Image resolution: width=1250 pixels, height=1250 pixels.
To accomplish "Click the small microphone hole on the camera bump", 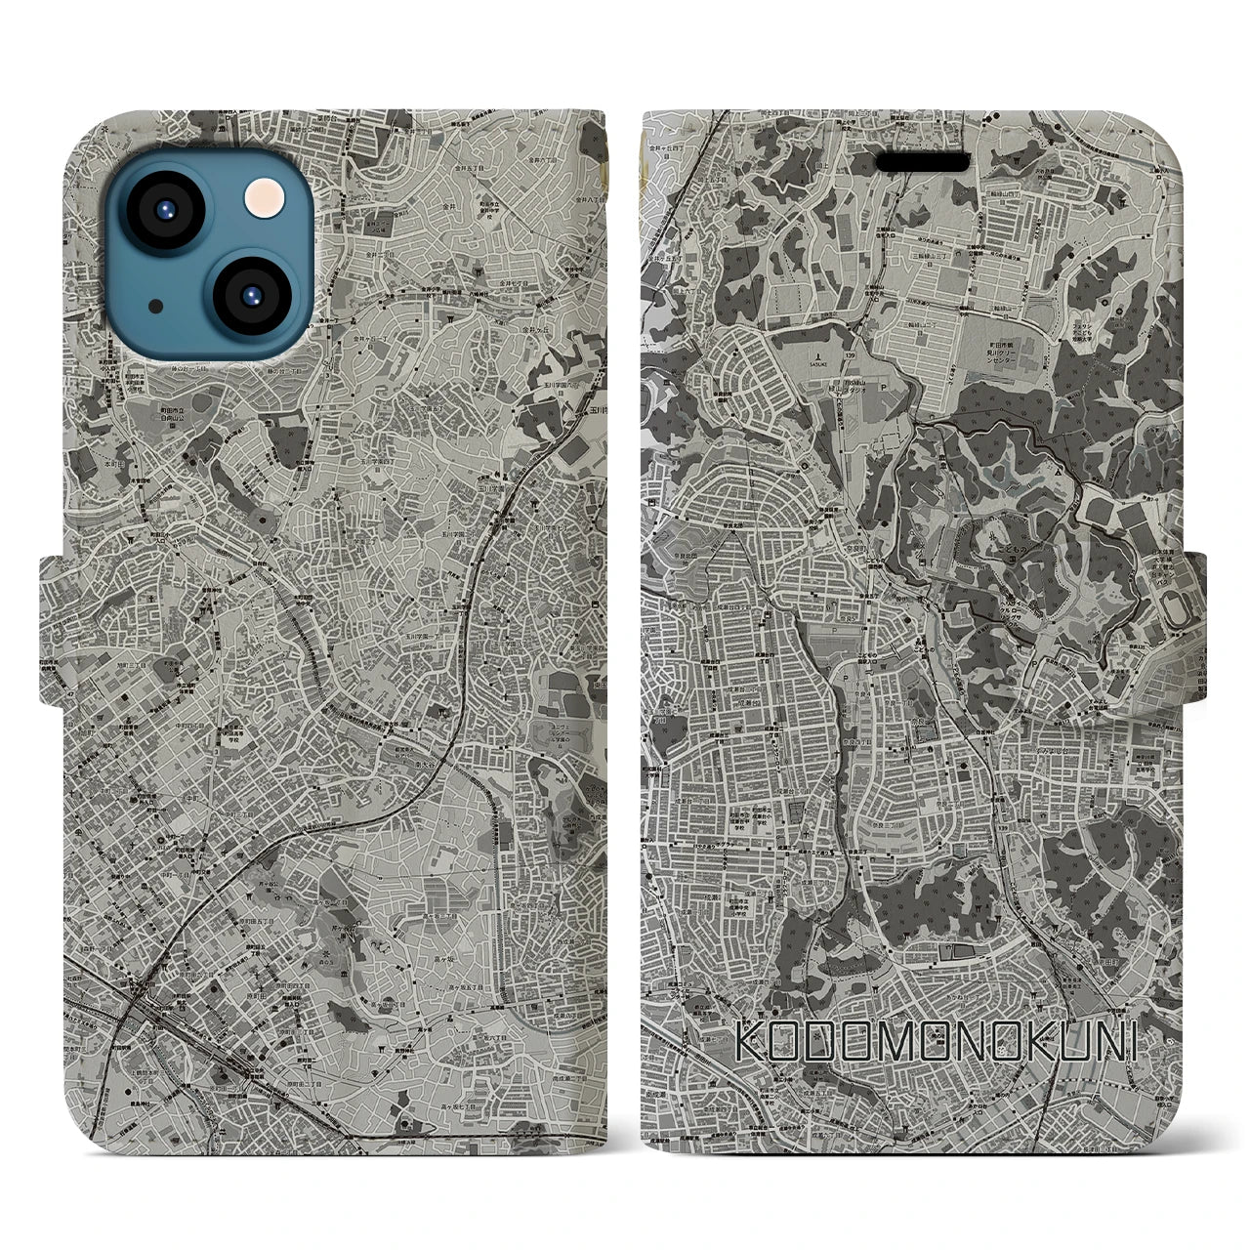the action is point(156,306).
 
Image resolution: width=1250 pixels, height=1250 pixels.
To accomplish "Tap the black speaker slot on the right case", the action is point(923,160).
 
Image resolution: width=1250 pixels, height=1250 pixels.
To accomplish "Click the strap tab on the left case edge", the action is point(55,629).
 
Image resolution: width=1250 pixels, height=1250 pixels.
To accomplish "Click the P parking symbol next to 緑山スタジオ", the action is point(885,385).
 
